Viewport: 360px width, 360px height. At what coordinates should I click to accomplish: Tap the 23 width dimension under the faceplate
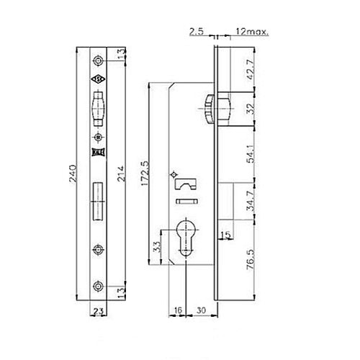coord(96,312)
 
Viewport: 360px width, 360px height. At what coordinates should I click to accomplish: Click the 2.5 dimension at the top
coord(195,32)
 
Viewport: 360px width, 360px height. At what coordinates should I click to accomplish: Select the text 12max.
coord(251,32)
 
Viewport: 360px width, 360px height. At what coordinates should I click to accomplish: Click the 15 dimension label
coord(226,235)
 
